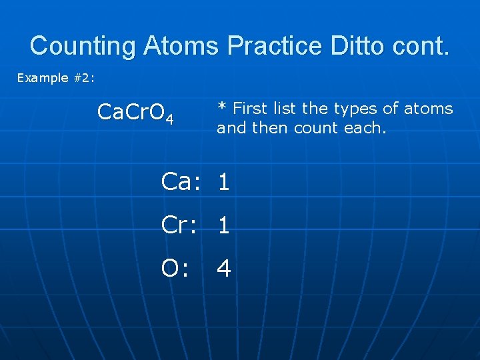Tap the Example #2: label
click(x=56, y=78)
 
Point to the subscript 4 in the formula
click(x=170, y=119)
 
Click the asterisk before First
click(x=223, y=107)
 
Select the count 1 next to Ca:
click(x=224, y=183)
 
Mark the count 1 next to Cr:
click(x=224, y=226)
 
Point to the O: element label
click(x=175, y=268)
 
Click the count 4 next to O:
click(x=224, y=269)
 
